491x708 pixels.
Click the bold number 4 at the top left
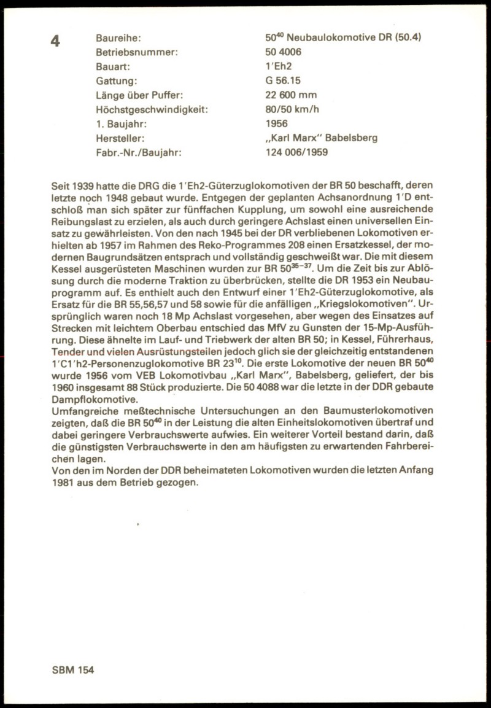(x=56, y=42)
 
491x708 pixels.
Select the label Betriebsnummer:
(x=137, y=52)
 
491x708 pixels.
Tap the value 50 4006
(x=283, y=52)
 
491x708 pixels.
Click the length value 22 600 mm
(x=292, y=95)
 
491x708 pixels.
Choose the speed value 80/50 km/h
(x=293, y=109)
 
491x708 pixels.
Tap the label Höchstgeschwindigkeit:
(x=152, y=109)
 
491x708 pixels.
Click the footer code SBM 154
(x=73, y=670)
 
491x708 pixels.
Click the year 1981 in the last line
(x=64, y=482)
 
